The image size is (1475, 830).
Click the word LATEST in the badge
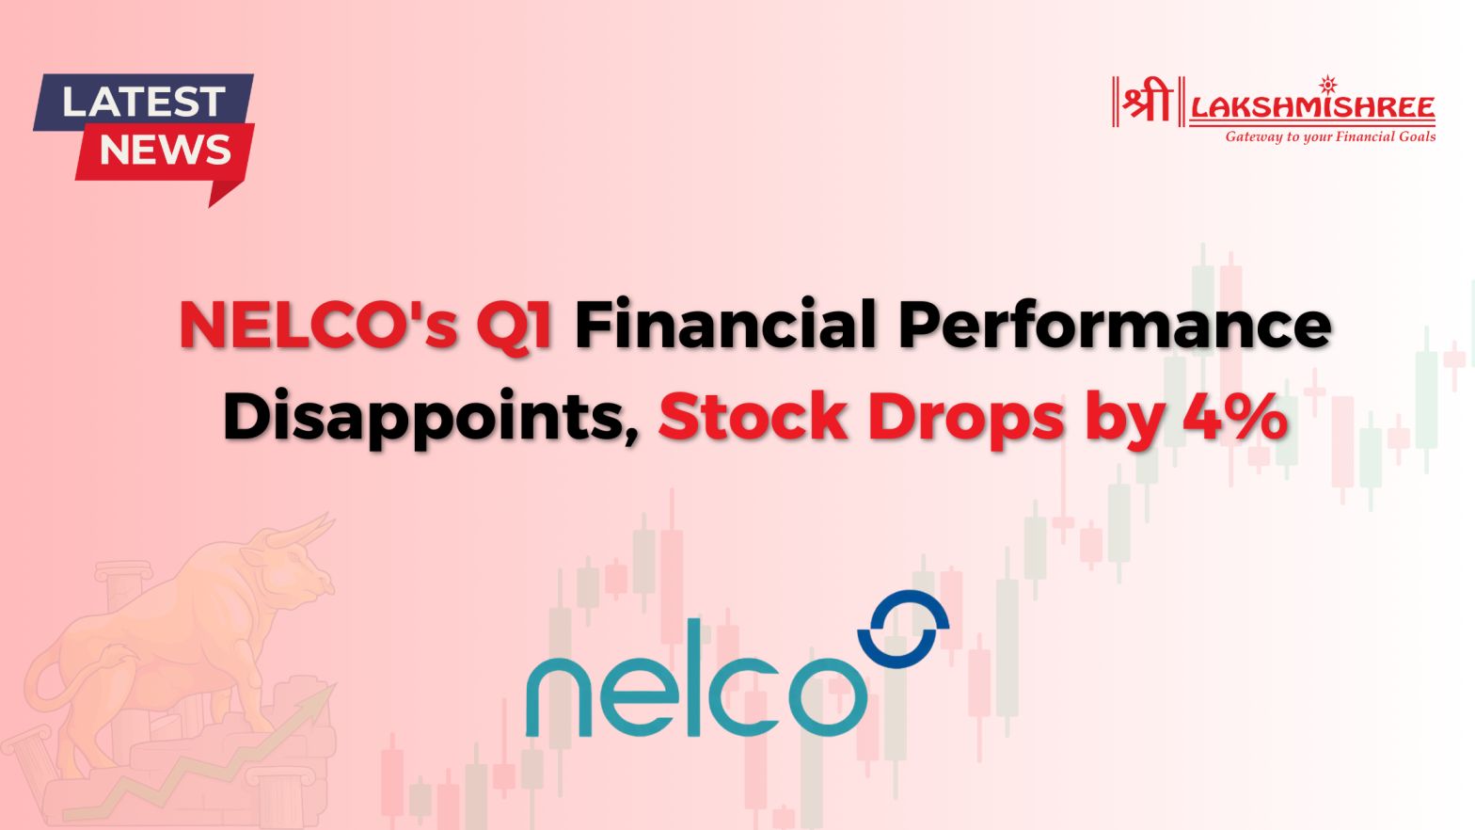coord(144,101)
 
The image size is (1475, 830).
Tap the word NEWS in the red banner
coord(165,151)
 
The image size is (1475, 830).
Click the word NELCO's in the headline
coord(318,326)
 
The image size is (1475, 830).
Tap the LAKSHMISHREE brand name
coord(1312,107)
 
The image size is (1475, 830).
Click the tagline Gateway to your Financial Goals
coord(1329,137)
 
